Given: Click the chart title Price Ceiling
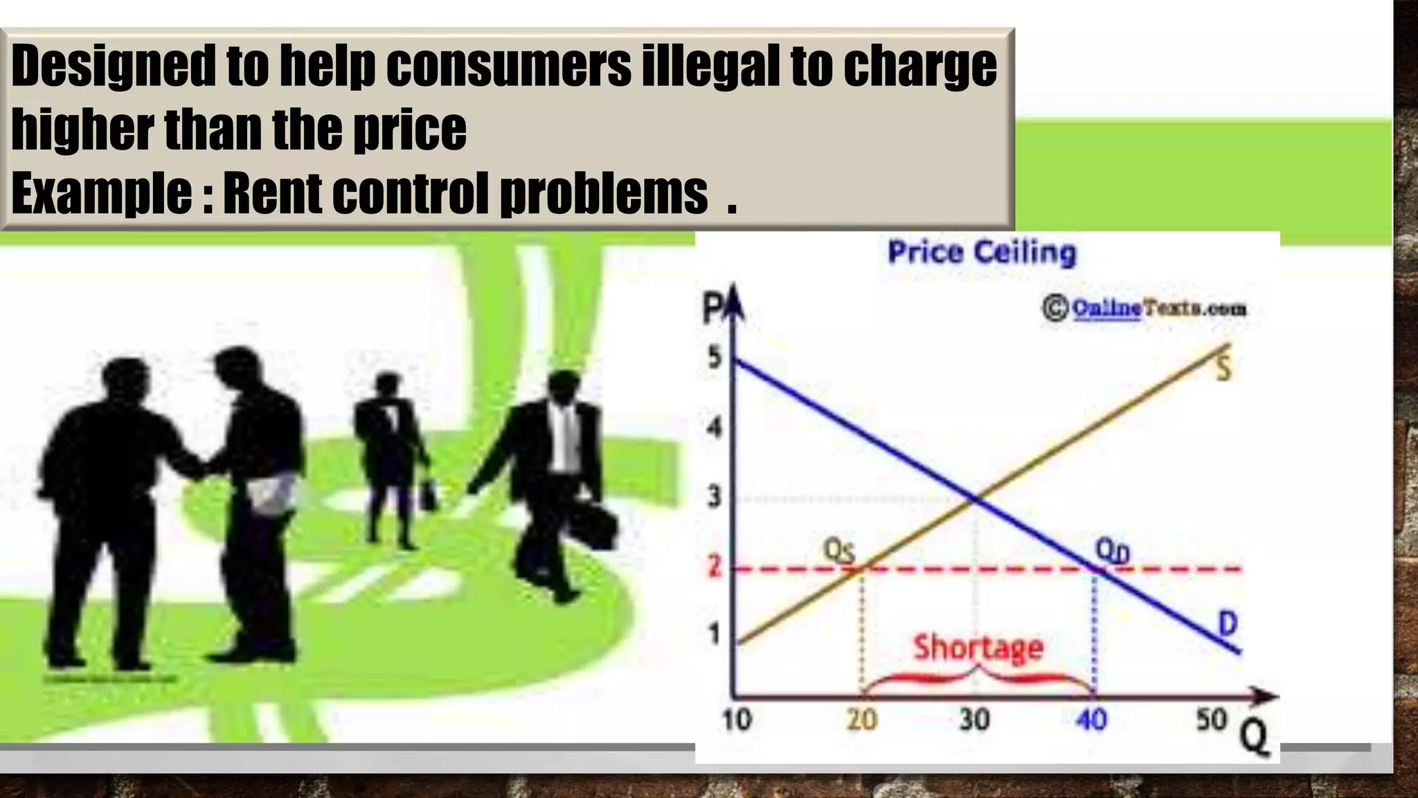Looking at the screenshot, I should (982, 252).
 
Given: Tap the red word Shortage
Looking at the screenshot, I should (978, 648).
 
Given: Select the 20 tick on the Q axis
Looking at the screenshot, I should (862, 720).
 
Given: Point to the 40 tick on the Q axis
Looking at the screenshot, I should (1092, 720).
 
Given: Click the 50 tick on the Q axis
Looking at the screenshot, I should (1212, 720).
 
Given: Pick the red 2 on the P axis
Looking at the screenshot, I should (714, 567).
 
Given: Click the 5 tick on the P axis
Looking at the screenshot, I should (714, 358).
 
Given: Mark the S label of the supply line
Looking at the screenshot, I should (1223, 369).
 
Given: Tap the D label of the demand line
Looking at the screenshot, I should (1227, 623).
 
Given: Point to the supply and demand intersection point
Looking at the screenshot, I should (976, 497).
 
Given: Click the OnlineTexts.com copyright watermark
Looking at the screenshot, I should (1145, 308).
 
